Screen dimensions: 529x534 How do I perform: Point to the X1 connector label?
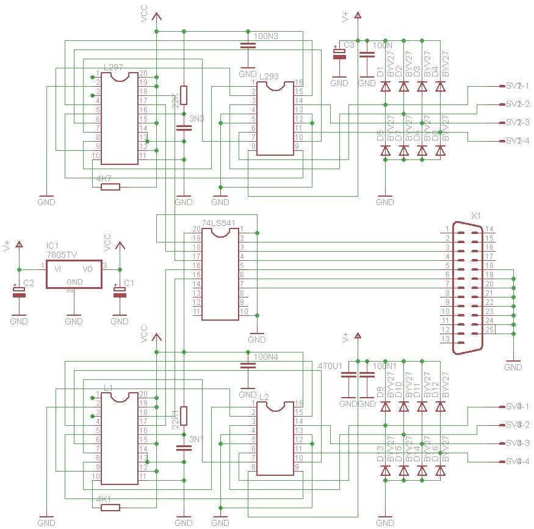coord(476,216)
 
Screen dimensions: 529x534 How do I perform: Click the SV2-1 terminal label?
coord(518,86)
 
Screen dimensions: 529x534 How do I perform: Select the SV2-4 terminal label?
coord(518,141)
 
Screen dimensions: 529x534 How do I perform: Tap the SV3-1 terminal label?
coord(518,406)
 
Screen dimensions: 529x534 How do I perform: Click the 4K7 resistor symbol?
coord(110,186)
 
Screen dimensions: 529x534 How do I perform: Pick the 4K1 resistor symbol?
coord(110,506)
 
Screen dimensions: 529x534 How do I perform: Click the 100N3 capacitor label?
coord(265,37)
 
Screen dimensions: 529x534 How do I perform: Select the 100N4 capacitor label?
coord(265,357)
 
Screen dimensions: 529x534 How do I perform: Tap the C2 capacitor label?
coord(29,283)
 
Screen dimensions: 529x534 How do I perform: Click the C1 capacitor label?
coord(129,283)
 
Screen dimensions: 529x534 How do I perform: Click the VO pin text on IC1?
coord(88,269)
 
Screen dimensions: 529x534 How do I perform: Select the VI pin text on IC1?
coord(58,269)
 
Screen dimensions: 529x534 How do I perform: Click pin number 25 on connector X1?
coord(489,330)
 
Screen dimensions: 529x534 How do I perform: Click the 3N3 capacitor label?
coord(197,118)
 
